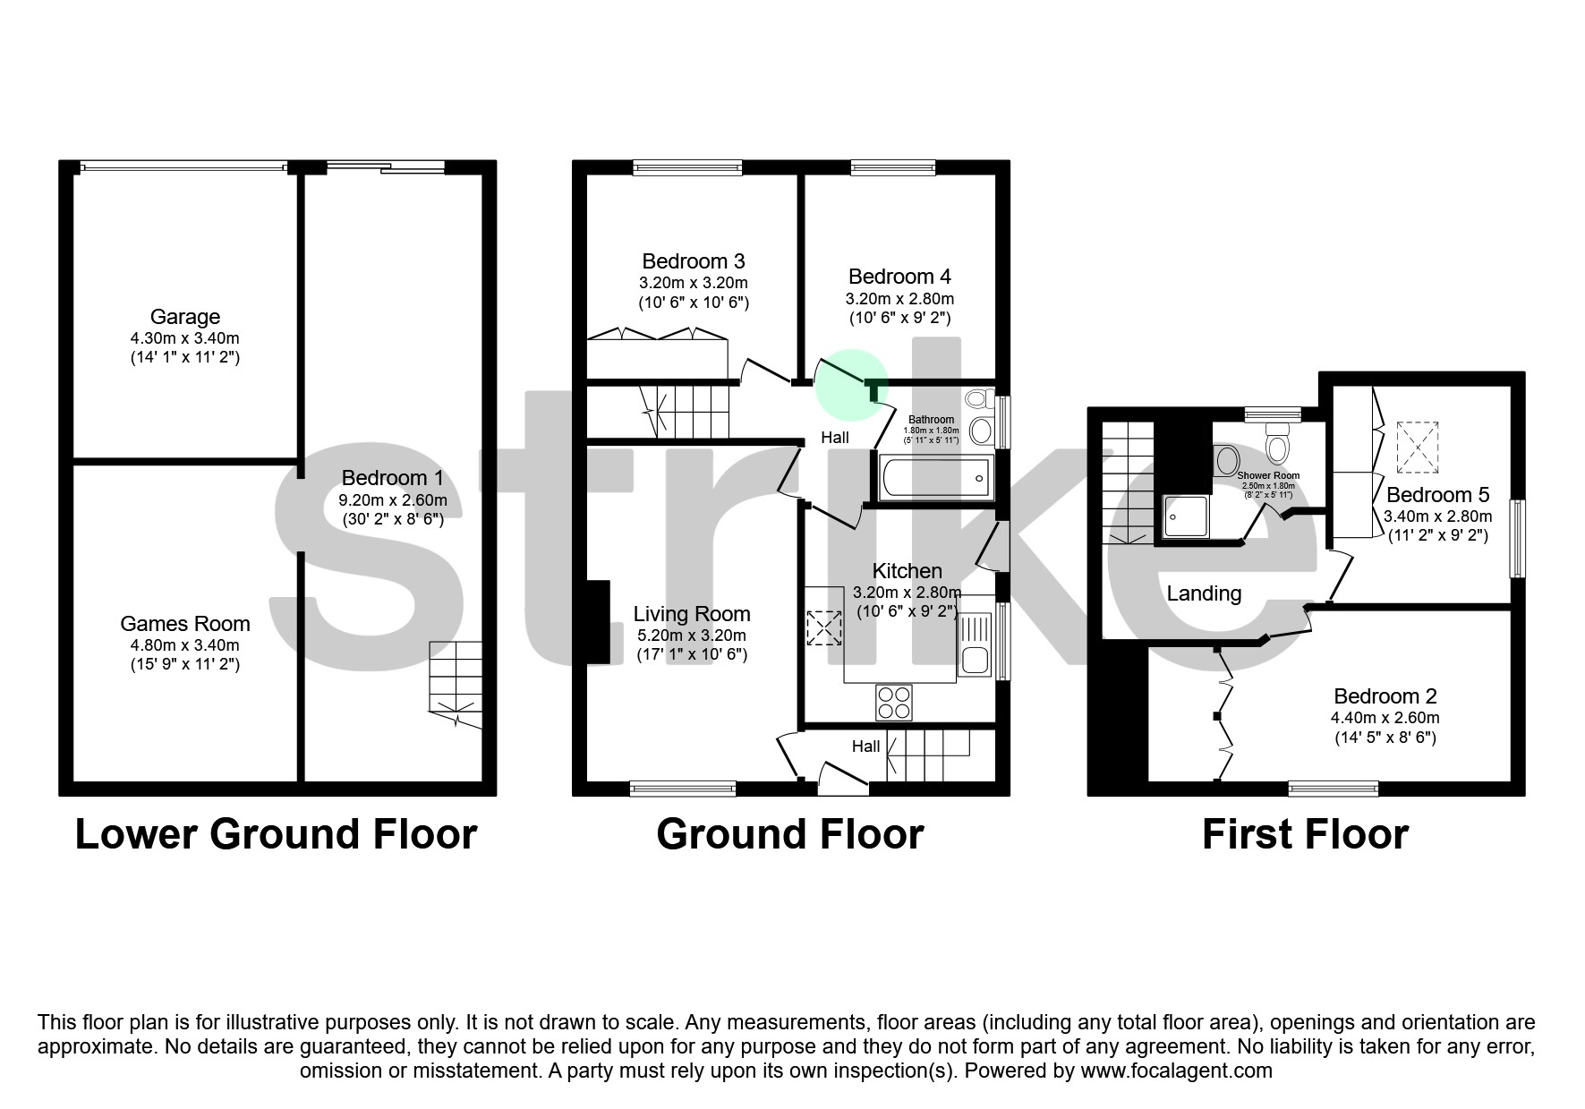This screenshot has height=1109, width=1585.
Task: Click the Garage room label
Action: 184,317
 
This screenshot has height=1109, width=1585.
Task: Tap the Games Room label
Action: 184,624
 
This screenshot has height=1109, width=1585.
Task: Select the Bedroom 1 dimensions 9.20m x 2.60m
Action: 393,500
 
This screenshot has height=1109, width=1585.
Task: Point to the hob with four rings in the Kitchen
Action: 893,702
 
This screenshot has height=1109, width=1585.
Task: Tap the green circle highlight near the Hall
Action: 851,384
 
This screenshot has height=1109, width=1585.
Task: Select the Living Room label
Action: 691,614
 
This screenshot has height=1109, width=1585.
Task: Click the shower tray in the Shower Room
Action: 1187,516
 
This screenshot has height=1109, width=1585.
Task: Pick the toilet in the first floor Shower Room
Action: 1276,443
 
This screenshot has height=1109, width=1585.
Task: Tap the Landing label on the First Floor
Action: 1204,593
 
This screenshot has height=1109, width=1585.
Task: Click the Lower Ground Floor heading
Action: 276,834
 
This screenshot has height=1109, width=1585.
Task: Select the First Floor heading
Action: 1304,834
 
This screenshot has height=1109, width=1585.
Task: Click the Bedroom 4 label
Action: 899,277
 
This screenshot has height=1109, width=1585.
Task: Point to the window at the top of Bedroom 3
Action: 687,167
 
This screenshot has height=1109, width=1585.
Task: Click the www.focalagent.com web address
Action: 1176,1071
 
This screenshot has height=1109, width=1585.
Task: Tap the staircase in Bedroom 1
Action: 455,684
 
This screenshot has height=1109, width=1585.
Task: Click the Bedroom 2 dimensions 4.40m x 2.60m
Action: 1384,718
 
